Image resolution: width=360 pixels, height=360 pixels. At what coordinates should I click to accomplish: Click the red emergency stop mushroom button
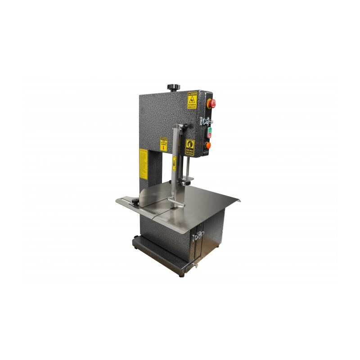click(x=211, y=103)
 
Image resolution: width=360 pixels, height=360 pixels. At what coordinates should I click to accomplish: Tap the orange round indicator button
click(x=208, y=145)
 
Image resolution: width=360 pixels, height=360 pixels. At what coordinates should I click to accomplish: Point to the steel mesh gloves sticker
click(x=190, y=147)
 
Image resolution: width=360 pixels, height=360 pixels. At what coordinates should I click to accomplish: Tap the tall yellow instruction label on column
click(x=143, y=164)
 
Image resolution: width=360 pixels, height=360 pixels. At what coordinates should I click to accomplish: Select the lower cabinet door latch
click(x=198, y=235)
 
